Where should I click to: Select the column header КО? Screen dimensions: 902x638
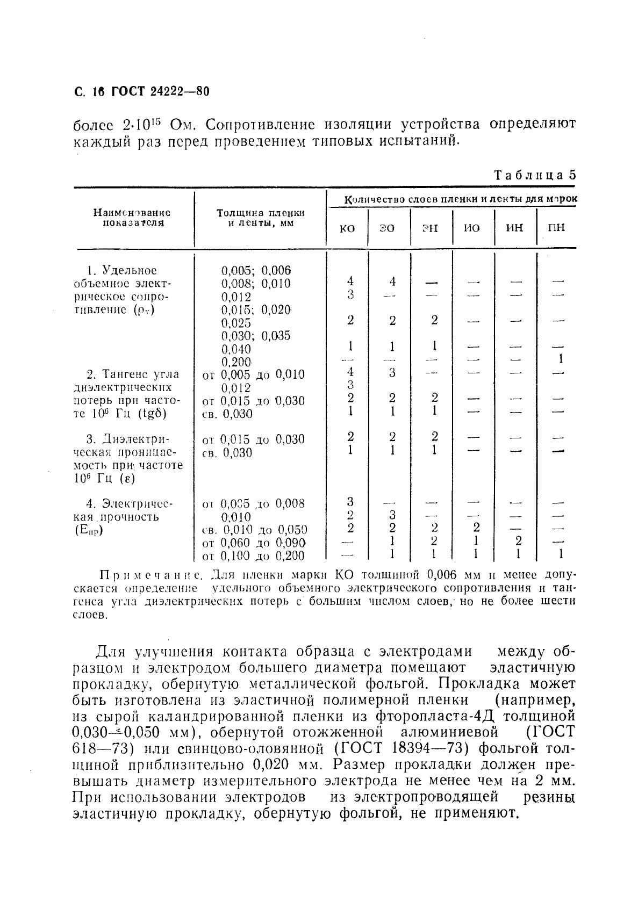348,228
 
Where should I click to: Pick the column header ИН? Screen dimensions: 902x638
514,228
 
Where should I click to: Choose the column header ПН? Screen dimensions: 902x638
556,228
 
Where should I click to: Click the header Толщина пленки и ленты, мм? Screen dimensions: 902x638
260,218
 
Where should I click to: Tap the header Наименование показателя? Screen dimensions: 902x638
133,218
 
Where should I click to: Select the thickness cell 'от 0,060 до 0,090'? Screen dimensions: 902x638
254,543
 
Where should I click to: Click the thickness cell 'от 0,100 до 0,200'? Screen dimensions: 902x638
254,556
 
